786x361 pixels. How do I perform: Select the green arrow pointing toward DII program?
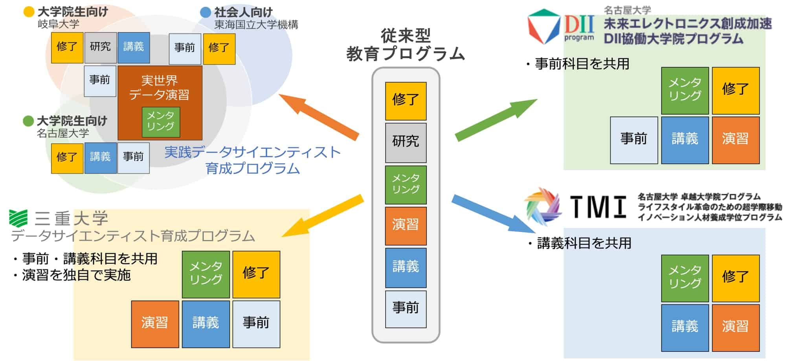pyautogui.click(x=496, y=120)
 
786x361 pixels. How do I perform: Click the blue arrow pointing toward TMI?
pyautogui.click(x=493, y=214)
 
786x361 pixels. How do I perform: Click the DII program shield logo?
pyautogui.click(x=543, y=26)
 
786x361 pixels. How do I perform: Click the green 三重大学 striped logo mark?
pyautogui.click(x=18, y=219)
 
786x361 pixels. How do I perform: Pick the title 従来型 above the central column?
pyautogui.click(x=406, y=36)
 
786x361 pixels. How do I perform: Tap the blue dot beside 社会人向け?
pyautogui.click(x=206, y=12)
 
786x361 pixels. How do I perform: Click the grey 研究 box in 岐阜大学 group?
pyautogui.click(x=100, y=47)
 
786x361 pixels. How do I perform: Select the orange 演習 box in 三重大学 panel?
pyautogui.click(x=155, y=324)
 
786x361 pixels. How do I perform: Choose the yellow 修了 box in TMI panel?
pyautogui.click(x=735, y=278)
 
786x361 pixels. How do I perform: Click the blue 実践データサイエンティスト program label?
pyautogui.click(x=252, y=160)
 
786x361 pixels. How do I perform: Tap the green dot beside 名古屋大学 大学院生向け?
pyautogui.click(x=28, y=121)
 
